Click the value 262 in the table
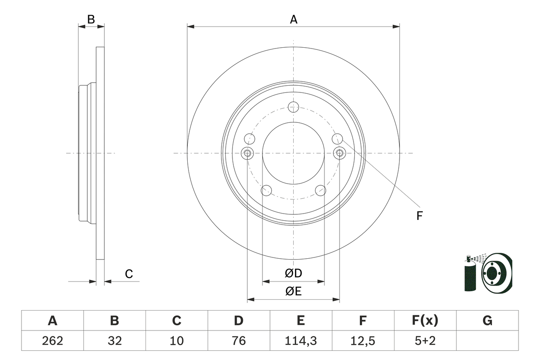pos(52,341)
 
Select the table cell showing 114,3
pos(300,341)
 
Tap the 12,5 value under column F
pos(362,341)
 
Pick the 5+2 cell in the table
pos(425,341)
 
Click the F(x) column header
pos(425,321)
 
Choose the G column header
pos(487,321)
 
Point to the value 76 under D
pos(238,341)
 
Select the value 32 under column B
pos(114,341)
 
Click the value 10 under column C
pos(176,341)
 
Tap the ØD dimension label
pos(294,273)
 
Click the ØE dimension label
pos(294,291)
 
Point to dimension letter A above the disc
pos(293,19)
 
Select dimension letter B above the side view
pos(91,19)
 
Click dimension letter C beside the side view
pos(129,274)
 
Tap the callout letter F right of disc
pos(419,216)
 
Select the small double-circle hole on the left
pos(247,153)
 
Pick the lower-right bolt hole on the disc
pos(321,190)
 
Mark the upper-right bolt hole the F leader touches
pos(337,138)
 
